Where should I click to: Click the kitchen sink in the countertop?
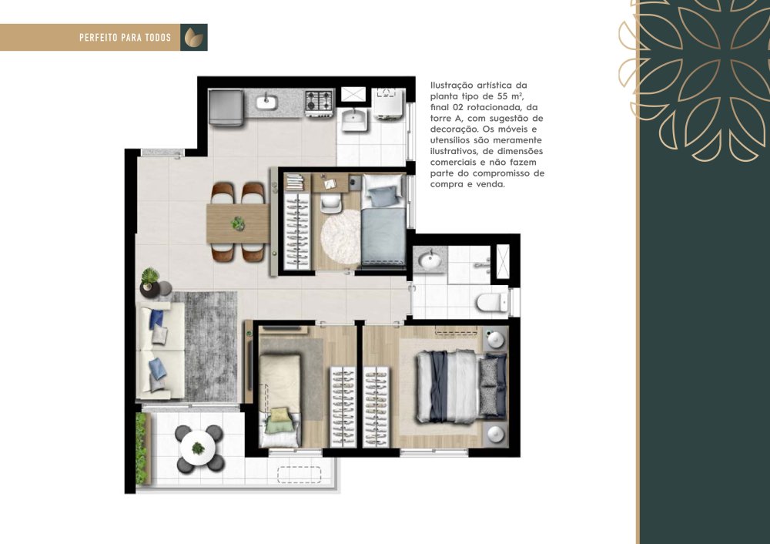click(266, 102)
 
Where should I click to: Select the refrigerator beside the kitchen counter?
click(226, 106)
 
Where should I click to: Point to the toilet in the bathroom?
click(492, 302)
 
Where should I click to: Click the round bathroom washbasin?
click(430, 260)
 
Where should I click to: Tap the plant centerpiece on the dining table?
click(238, 223)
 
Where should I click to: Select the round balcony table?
click(197, 448)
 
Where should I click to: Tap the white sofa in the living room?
click(161, 351)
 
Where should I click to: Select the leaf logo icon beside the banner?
click(193, 37)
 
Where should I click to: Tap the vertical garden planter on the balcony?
click(142, 448)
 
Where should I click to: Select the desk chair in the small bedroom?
click(331, 203)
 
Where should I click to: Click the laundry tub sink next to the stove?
click(354, 120)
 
